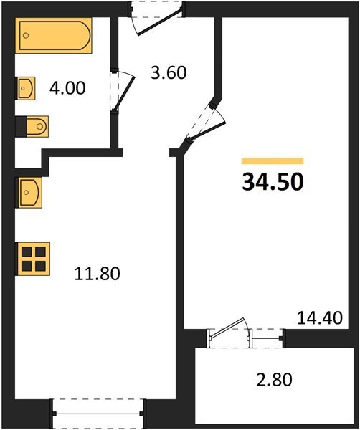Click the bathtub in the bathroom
pyautogui.click(x=53, y=35)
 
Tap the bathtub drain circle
pyautogui.click(x=26, y=35)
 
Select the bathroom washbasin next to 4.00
pyautogui.click(x=26, y=88)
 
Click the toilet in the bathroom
pyautogui.click(x=37, y=126)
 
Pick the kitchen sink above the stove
pyautogui.click(x=30, y=193)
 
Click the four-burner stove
pyautogui.click(x=34, y=259)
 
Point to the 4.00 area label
pyautogui.click(x=67, y=88)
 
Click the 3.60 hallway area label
pyautogui.click(x=169, y=72)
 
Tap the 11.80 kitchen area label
pyautogui.click(x=97, y=274)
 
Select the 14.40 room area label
pyautogui.click(x=320, y=318)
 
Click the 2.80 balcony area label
pyautogui.click(x=275, y=380)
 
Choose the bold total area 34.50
pyautogui.click(x=273, y=182)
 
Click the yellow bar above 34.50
pyautogui.click(x=273, y=161)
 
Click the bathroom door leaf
pyautogui.click(x=124, y=94)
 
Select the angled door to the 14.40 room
pyautogui.click(x=207, y=131)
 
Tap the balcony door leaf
pyautogui.click(x=227, y=328)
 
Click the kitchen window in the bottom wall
pyautogui.click(x=98, y=414)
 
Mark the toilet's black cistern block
pyautogui.click(x=21, y=126)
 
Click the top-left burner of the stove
pyautogui.click(x=27, y=252)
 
